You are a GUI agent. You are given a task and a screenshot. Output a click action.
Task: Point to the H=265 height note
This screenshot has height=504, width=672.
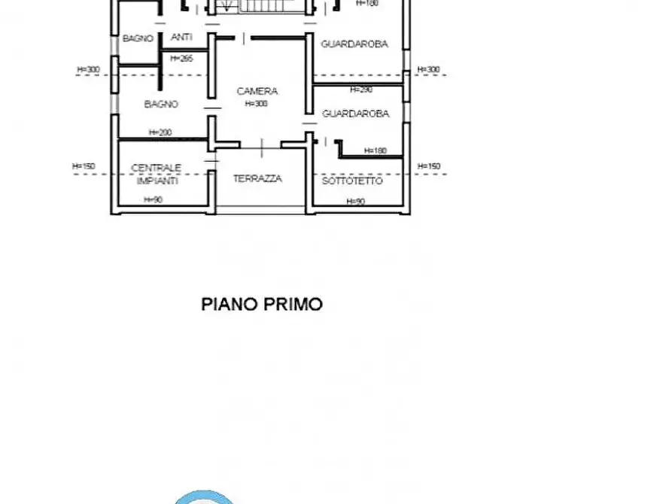[182, 58]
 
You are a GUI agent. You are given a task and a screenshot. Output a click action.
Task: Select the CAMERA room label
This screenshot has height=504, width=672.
[257, 91]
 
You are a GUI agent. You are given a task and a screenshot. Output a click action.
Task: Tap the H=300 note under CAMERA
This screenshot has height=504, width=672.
[256, 104]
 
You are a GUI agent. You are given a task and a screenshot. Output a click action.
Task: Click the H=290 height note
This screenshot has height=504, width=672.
[361, 90]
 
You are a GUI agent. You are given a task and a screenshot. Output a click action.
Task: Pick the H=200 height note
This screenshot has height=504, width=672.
[160, 132]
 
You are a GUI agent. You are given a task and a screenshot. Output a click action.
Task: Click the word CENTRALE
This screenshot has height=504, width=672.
[156, 169]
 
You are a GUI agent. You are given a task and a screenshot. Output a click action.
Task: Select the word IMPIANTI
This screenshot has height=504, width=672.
[157, 181]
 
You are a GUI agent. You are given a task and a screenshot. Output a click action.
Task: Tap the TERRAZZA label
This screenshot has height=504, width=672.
[257, 179]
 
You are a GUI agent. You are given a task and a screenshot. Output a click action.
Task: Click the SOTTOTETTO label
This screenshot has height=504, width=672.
[352, 181]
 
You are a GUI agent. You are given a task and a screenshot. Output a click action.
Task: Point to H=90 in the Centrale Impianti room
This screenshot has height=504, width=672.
[154, 200]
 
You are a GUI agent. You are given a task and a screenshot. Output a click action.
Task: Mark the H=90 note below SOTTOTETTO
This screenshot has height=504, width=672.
[356, 202]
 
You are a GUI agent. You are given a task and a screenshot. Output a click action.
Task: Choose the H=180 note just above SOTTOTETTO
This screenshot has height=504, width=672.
[376, 150]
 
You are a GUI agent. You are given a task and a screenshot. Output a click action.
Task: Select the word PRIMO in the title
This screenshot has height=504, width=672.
[293, 305]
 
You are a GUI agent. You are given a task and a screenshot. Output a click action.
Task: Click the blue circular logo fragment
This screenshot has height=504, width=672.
[203, 497]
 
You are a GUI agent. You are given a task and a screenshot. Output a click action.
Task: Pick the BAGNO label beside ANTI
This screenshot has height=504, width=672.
[138, 38]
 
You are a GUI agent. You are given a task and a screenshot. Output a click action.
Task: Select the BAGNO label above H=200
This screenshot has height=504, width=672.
[161, 105]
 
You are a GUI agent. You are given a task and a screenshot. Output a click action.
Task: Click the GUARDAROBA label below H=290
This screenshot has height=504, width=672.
[355, 114]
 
